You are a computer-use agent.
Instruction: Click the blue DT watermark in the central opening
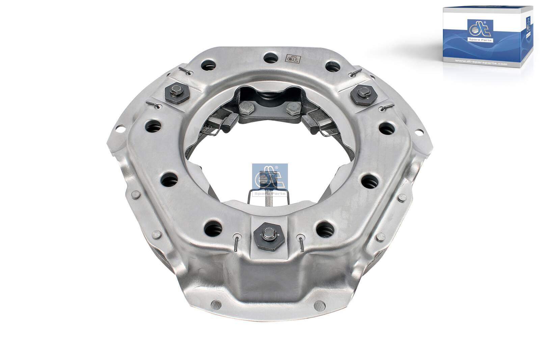[270, 179]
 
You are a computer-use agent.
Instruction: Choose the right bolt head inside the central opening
[293, 108]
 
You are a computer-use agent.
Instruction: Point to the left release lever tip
[231, 120]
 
